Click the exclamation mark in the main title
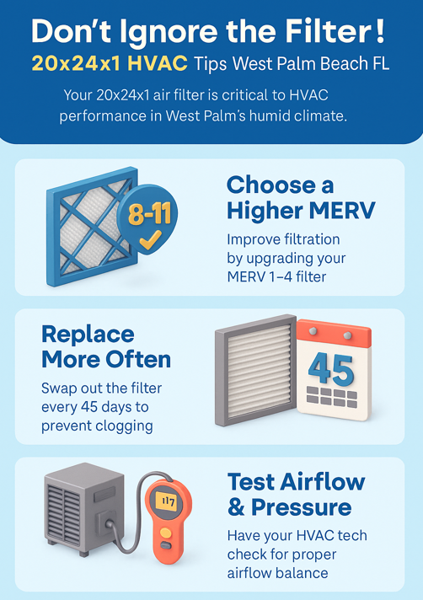tap(380, 31)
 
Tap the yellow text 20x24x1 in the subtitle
tap(76, 63)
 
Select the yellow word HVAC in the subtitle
tap(158, 63)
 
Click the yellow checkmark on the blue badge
tap(150, 240)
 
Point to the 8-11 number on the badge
tap(149, 213)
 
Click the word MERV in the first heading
tap(341, 210)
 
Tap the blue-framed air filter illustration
tap(92, 226)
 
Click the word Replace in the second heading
tap(88, 335)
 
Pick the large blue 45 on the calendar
tap(331, 370)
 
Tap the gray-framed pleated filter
tap(255, 370)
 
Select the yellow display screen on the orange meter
tap(167, 501)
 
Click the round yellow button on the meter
tap(166, 533)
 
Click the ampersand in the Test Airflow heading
tap(236, 507)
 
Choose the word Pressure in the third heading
tap(301, 507)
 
